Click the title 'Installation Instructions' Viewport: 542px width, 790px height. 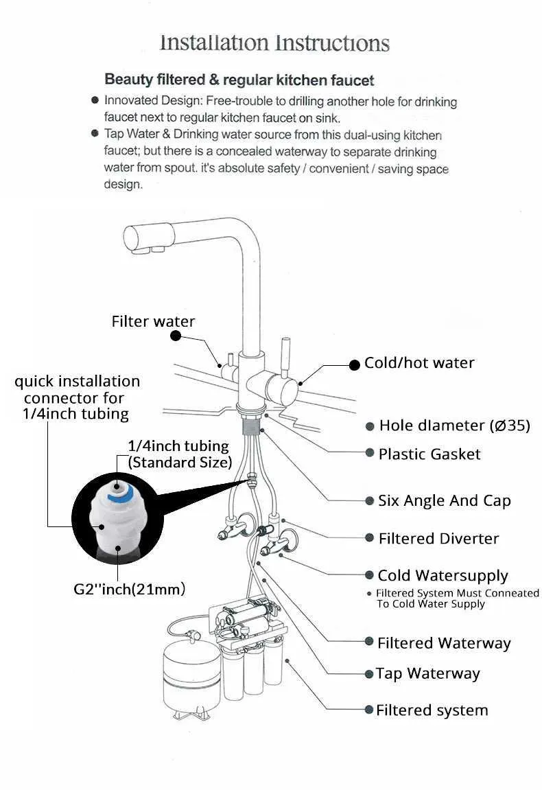pos(274,43)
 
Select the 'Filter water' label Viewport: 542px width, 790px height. pos(153,321)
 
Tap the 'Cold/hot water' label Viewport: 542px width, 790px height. pos(419,363)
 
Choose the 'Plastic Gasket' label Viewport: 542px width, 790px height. pos(429,454)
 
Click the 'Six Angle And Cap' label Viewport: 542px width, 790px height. pos(445,500)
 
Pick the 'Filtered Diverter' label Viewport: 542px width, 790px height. pos(438,539)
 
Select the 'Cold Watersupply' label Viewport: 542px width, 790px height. pos(443,575)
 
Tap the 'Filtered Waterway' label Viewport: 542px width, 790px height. pos(444,643)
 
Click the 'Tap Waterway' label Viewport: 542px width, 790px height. pos(427,674)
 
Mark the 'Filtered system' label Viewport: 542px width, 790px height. pos(432,710)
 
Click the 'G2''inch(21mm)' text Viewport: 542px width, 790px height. pos(130,588)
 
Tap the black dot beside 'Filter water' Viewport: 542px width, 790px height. pos(175,336)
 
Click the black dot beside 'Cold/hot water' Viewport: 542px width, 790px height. pos(354,365)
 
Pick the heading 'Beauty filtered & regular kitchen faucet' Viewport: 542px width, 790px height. pos(239,80)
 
